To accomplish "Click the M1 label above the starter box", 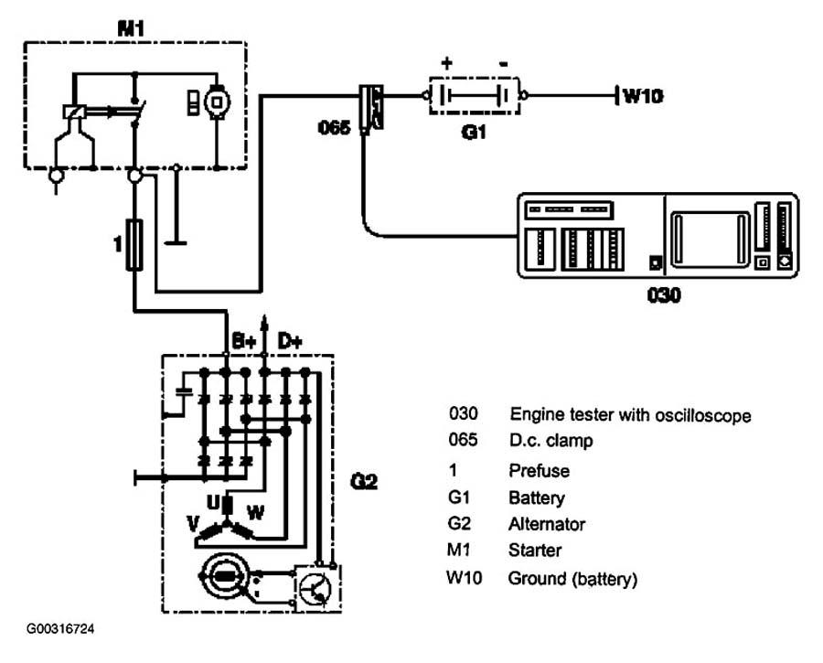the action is coord(131,28).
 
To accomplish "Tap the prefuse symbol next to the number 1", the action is coord(135,245).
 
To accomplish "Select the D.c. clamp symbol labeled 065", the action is coord(371,108).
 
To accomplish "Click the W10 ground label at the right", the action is coord(643,96).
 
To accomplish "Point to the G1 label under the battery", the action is coord(474,132).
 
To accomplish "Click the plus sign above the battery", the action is coord(446,63).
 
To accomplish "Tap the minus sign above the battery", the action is coord(503,64).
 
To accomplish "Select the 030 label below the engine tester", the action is coord(664,295).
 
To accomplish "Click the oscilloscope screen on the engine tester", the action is coord(711,239).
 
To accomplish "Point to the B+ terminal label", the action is coord(243,342).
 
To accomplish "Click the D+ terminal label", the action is coord(290,342).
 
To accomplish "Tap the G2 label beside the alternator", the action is coord(364,481).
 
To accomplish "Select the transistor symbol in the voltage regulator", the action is coord(314,588).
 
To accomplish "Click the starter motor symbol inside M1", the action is coord(217,102).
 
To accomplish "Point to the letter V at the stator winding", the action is coord(194,523).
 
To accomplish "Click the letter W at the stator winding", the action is coord(256,512).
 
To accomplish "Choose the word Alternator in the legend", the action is coord(547,524).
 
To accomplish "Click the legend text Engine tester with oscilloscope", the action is coord(630,414).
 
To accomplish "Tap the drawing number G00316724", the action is coord(60,628).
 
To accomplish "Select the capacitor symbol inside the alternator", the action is coord(184,391).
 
